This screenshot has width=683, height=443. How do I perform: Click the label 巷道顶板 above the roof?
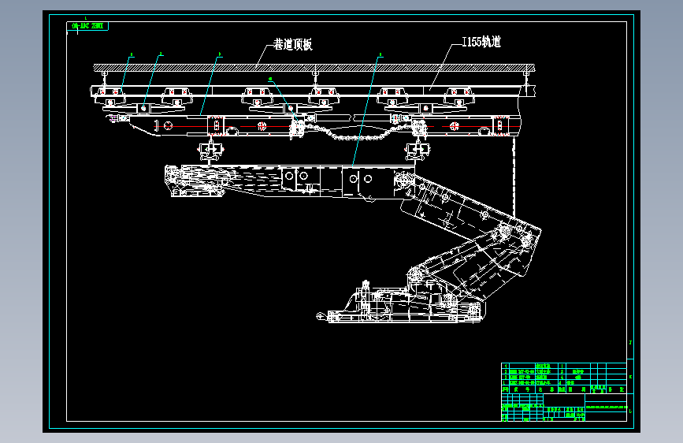(x=292, y=44)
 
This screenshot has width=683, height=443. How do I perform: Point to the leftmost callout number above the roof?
(x=132, y=54)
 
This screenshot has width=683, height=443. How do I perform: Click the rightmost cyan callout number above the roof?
(x=380, y=55)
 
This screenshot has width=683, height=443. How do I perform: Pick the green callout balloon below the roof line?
(x=270, y=80)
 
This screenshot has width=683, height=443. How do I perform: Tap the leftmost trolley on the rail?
(x=110, y=97)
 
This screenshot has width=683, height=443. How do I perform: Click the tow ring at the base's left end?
(x=319, y=315)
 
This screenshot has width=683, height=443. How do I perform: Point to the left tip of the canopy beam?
(x=166, y=170)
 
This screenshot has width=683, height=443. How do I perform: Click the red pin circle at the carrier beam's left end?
(x=167, y=126)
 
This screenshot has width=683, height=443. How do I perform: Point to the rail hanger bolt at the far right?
(x=524, y=75)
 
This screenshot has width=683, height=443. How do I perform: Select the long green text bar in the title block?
(x=607, y=408)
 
